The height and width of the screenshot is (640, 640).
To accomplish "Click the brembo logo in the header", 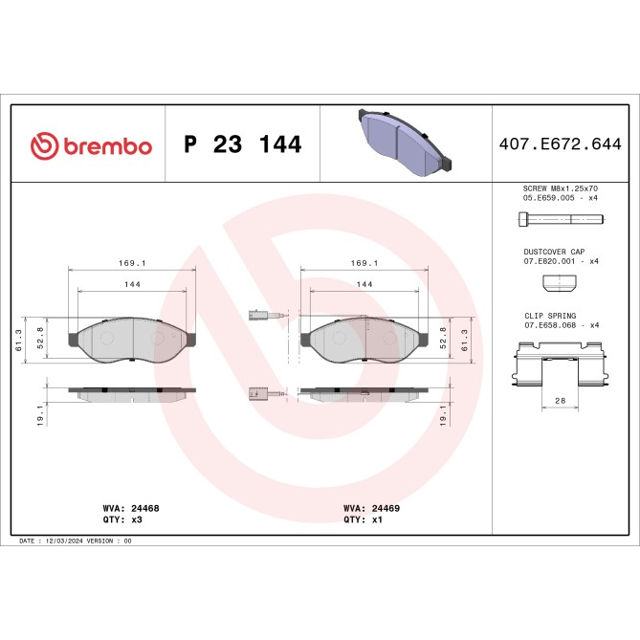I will click(x=91, y=145).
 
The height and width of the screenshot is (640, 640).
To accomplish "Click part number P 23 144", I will click(x=242, y=145).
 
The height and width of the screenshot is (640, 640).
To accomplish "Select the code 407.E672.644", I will click(x=560, y=145).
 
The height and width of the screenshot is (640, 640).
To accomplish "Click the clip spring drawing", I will click(x=561, y=367).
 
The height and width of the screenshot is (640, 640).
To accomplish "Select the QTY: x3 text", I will click(x=121, y=521).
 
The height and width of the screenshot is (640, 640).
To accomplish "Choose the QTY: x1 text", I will click(x=363, y=521).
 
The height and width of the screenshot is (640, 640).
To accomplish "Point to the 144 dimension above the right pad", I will click(x=364, y=284).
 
